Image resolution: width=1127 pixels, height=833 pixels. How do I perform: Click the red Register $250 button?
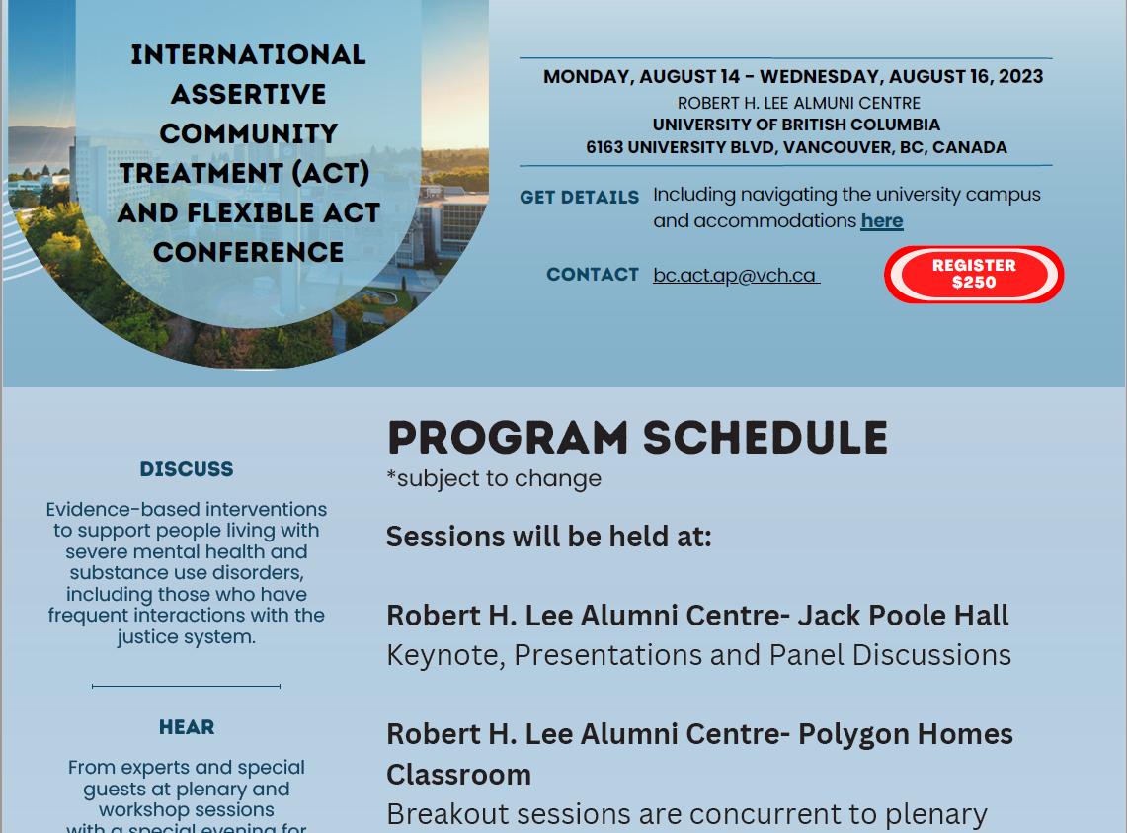(x=974, y=274)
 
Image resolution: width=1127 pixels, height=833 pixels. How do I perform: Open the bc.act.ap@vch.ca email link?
(x=735, y=276)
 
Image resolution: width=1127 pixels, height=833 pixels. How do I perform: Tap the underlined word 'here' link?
(x=882, y=220)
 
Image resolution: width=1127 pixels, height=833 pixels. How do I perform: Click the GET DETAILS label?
(x=580, y=197)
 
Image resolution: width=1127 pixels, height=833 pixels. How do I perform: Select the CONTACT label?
(x=593, y=274)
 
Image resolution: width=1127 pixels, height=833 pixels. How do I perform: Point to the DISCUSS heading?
(x=186, y=469)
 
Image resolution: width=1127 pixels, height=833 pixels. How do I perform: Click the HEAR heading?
(x=186, y=727)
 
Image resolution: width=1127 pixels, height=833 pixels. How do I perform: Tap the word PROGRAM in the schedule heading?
(x=508, y=438)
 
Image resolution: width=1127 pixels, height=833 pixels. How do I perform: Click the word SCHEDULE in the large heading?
(x=765, y=438)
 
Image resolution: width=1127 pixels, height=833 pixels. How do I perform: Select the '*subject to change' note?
(x=494, y=478)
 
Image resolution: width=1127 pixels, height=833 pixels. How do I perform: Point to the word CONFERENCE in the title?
(x=248, y=253)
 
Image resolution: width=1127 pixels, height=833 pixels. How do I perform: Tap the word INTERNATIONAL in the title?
(x=248, y=54)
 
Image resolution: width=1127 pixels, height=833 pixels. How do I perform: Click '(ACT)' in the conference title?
(x=331, y=173)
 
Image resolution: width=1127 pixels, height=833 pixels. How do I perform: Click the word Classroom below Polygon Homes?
(x=458, y=775)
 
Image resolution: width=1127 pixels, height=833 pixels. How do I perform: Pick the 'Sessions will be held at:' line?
(x=548, y=537)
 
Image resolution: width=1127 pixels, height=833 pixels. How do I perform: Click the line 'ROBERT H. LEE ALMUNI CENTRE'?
(x=798, y=103)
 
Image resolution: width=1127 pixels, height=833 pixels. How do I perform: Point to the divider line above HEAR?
(x=186, y=686)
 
